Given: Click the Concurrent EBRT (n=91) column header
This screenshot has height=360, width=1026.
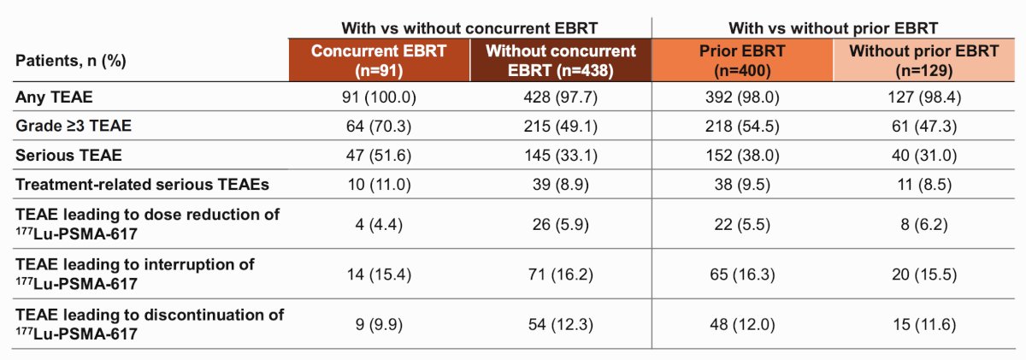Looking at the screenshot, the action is click(x=379, y=61).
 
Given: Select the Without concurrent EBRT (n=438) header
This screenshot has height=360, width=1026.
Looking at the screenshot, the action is click(x=561, y=61).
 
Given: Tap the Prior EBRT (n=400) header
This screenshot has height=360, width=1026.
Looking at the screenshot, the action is click(x=742, y=61).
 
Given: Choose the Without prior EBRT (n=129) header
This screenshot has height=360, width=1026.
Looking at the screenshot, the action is click(x=924, y=61).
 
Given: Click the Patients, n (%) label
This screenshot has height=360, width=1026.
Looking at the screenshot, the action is click(x=70, y=61).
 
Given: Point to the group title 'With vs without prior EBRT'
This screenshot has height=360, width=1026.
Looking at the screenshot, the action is click(x=833, y=28).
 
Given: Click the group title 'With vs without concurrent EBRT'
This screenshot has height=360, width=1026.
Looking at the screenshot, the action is click(x=469, y=28).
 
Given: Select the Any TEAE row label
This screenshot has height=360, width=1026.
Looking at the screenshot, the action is click(x=54, y=97).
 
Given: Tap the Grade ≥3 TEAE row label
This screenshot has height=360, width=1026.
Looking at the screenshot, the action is click(x=74, y=126).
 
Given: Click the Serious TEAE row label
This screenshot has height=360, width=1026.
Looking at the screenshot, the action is click(x=68, y=156).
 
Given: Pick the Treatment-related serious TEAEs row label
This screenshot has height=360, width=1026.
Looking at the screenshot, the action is click(x=142, y=184).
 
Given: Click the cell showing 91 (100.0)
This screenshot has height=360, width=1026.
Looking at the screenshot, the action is click(x=379, y=97).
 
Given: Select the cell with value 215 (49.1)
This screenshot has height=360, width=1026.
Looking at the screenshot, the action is click(x=561, y=126).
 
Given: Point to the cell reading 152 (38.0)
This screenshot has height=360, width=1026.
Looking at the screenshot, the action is click(x=742, y=156).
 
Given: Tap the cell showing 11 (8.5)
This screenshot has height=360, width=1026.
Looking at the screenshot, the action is click(x=924, y=184).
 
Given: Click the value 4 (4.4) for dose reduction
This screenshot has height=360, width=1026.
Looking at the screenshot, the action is click(x=379, y=224).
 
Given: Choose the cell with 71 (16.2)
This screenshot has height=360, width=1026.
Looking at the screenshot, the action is click(x=561, y=274).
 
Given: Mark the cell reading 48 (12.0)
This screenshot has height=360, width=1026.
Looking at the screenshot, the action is click(x=742, y=324).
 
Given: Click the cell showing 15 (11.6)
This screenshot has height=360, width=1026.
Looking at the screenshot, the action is click(x=924, y=324).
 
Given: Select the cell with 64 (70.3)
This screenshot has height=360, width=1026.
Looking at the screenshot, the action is click(x=379, y=126).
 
